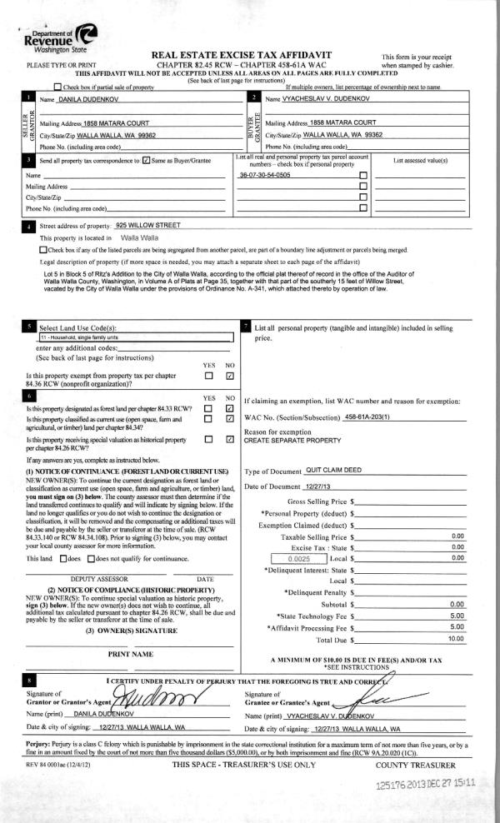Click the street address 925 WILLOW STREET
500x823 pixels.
147,225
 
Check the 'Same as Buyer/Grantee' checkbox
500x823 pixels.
147,159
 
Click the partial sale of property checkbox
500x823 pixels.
57,87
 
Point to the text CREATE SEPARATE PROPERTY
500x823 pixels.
292,440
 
